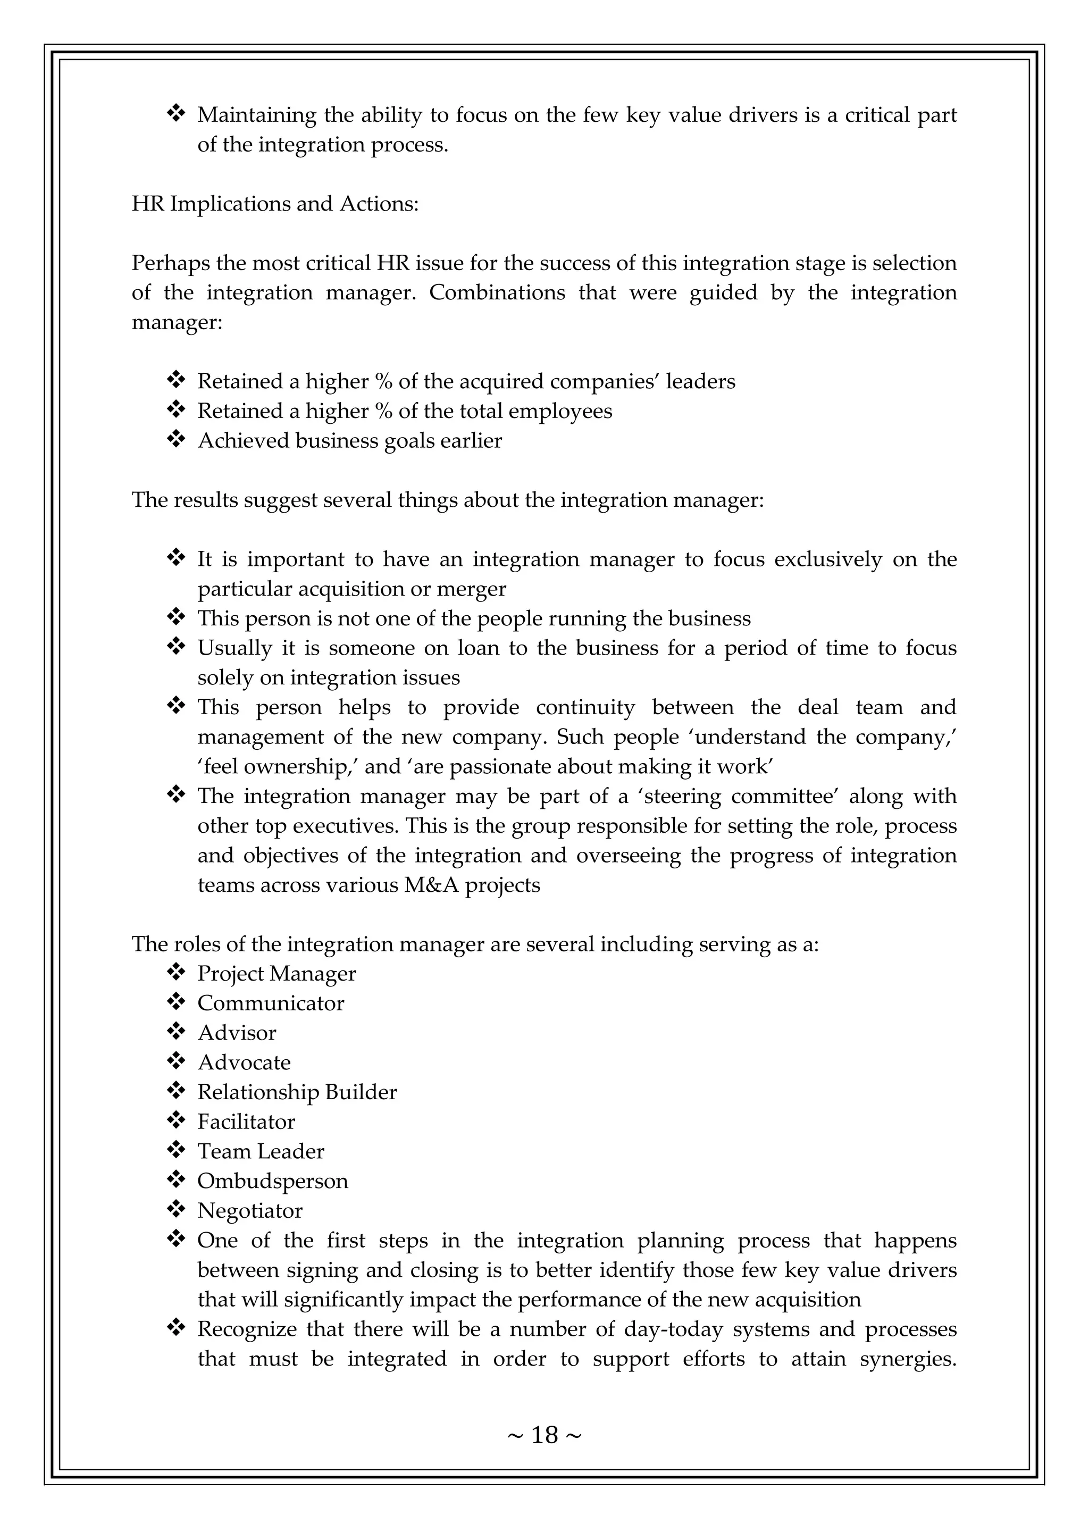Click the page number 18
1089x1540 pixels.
point(544,1435)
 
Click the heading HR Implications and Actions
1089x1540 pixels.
point(275,204)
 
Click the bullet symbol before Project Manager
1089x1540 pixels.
point(175,973)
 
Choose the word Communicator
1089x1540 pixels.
point(270,1003)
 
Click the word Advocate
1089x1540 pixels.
point(244,1062)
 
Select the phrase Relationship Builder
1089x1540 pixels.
point(296,1092)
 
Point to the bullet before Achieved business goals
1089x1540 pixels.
point(175,440)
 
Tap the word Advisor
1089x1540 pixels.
point(236,1033)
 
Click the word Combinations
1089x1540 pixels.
point(497,293)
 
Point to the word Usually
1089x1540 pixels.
point(234,649)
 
